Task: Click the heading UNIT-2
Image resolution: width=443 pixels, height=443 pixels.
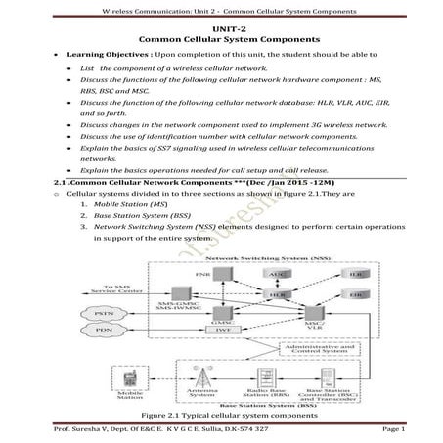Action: coord(221,26)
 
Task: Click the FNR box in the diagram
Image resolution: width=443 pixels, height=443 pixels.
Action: coord(203,276)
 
